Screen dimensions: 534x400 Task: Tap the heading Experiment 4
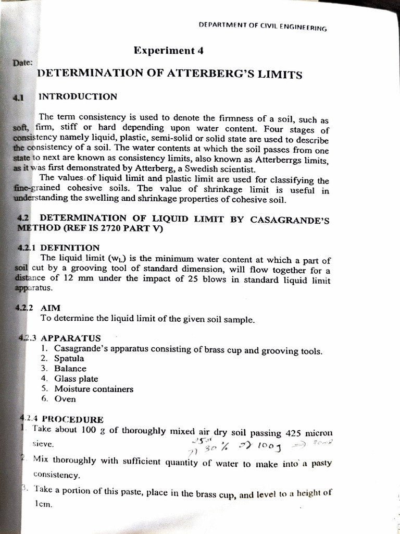point(168,51)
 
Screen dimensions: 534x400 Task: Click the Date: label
point(22,62)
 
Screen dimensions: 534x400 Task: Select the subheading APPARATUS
point(71,338)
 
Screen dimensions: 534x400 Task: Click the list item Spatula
point(69,359)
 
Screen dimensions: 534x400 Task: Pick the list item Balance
point(70,369)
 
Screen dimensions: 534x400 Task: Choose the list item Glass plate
point(76,379)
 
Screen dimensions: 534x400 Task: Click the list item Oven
point(65,399)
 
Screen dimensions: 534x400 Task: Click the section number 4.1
point(19,97)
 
